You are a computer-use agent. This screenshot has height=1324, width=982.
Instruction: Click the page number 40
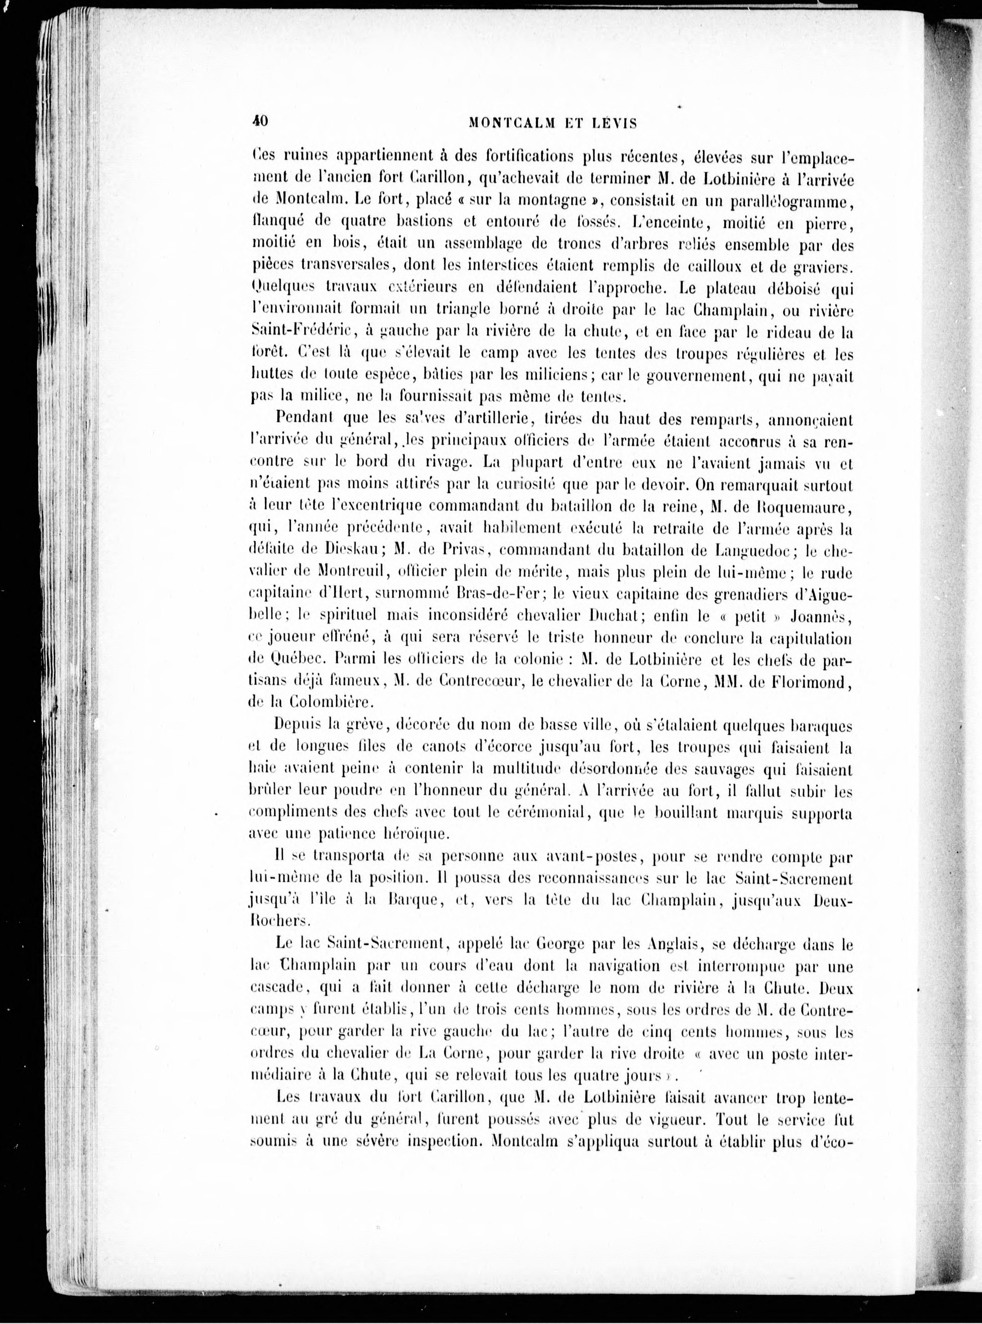point(260,121)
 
